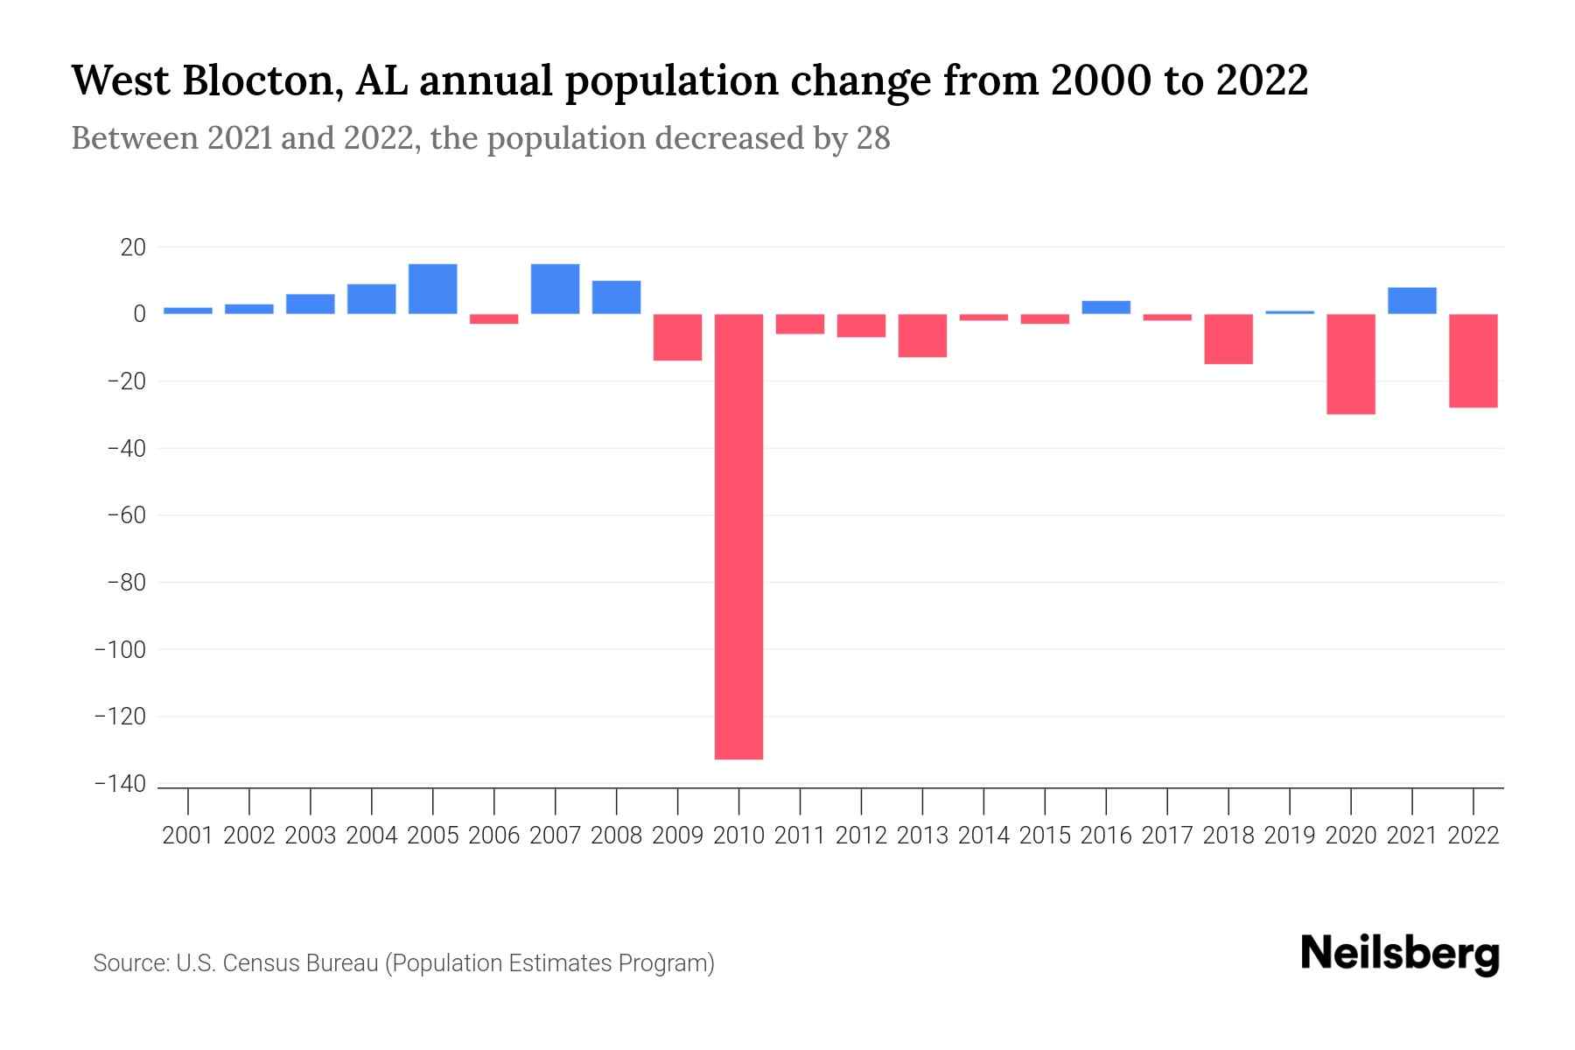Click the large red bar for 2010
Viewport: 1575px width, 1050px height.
point(739,535)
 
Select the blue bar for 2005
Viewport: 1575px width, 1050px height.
point(433,289)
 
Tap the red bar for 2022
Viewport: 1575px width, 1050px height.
point(1473,360)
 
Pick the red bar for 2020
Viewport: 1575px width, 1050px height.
point(1351,364)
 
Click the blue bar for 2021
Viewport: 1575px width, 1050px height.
point(1412,300)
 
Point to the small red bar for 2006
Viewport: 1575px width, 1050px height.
point(494,319)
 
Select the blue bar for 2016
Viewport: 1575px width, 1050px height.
point(1106,307)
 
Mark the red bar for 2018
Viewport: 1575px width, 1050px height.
point(1228,339)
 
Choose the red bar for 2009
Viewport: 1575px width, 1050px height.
point(678,337)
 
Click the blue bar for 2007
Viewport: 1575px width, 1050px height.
point(556,289)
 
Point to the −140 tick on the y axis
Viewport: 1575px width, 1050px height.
point(121,784)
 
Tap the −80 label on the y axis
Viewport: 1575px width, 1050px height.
point(125,583)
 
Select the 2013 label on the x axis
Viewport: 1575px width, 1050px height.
point(922,836)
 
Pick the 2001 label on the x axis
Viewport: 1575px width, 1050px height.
point(188,836)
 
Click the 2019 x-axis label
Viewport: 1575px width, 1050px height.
point(1290,836)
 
